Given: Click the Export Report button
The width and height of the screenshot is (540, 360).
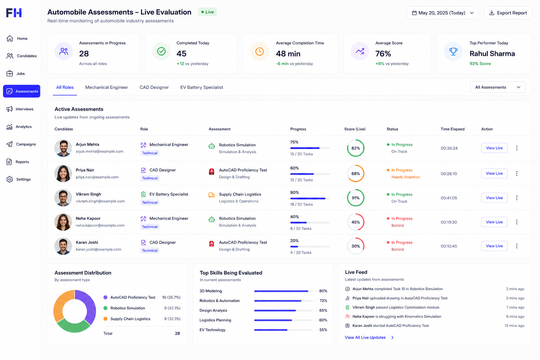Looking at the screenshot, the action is pyautogui.click(x=508, y=13).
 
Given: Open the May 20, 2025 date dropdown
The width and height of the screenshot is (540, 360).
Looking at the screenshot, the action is pyautogui.click(x=443, y=13).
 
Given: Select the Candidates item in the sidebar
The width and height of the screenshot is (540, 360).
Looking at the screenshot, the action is pyautogui.click(x=22, y=56).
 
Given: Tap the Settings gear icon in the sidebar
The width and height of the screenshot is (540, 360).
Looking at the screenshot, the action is pyautogui.click(x=9, y=179).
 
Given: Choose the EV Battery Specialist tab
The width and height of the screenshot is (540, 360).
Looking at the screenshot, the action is pyautogui.click(x=201, y=87).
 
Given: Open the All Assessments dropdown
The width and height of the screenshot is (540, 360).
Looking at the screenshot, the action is pyautogui.click(x=497, y=87).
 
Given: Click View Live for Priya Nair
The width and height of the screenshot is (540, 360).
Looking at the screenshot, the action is pyautogui.click(x=494, y=173).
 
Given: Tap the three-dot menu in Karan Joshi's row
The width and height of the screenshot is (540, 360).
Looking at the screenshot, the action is pyautogui.click(x=516, y=246).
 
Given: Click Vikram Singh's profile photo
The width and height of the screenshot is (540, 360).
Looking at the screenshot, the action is pyautogui.click(x=63, y=198).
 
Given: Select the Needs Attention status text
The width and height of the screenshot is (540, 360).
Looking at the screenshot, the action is pyautogui.click(x=405, y=177).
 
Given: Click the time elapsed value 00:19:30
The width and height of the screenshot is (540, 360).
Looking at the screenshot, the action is pyautogui.click(x=449, y=222).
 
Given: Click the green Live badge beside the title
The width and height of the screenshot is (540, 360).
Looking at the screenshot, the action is pyautogui.click(x=207, y=12).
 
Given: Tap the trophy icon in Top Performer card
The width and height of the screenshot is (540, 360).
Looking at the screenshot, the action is pyautogui.click(x=453, y=51).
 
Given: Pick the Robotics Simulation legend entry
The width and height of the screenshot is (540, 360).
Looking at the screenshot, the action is pyautogui.click(x=128, y=308).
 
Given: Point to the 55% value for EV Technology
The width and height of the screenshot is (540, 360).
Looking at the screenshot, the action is pyautogui.click(x=323, y=330).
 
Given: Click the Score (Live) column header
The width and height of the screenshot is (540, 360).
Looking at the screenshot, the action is pyautogui.click(x=355, y=129).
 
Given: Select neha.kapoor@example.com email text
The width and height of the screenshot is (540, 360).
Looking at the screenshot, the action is pyautogui.click(x=100, y=225).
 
